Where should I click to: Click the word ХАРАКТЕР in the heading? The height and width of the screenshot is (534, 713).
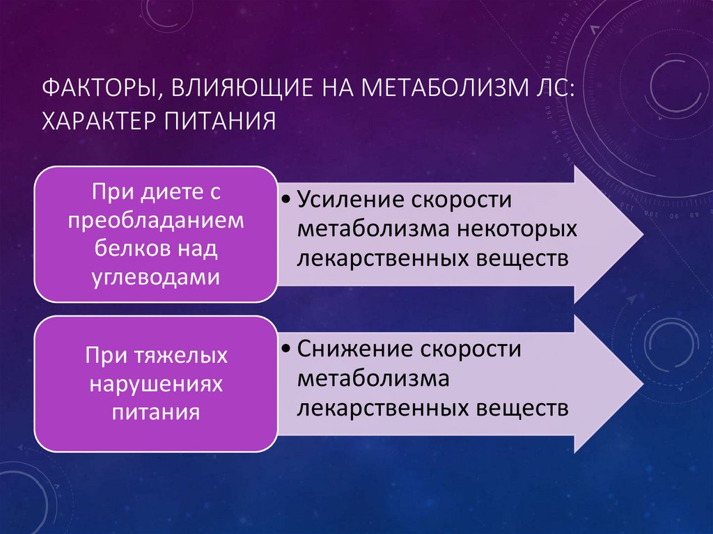pos(97,121)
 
